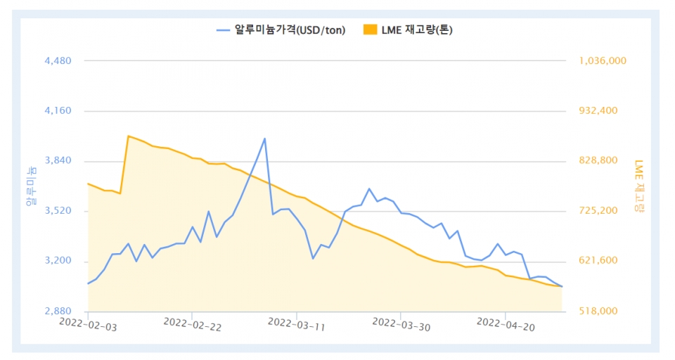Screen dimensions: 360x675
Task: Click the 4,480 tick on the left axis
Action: [58, 61]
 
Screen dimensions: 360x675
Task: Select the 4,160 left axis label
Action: [58, 111]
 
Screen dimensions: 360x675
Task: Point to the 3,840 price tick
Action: [58, 161]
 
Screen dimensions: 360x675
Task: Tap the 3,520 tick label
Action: [58, 211]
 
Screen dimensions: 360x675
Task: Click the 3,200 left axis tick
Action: [58, 261]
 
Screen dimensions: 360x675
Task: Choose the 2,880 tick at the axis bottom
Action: [58, 311]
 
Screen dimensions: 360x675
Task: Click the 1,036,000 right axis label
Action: [603, 61]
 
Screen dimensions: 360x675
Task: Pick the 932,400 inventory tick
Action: [598, 111]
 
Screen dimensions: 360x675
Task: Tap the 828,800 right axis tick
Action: [598, 161]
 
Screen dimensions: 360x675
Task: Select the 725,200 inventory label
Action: [598, 211]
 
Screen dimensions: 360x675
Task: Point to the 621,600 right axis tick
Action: [598, 261]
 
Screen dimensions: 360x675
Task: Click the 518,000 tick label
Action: [598, 311]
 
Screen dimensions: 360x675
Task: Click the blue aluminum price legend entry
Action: [281, 30]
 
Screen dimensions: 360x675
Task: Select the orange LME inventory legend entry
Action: [412, 30]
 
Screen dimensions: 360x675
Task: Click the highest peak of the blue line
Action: [264, 139]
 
